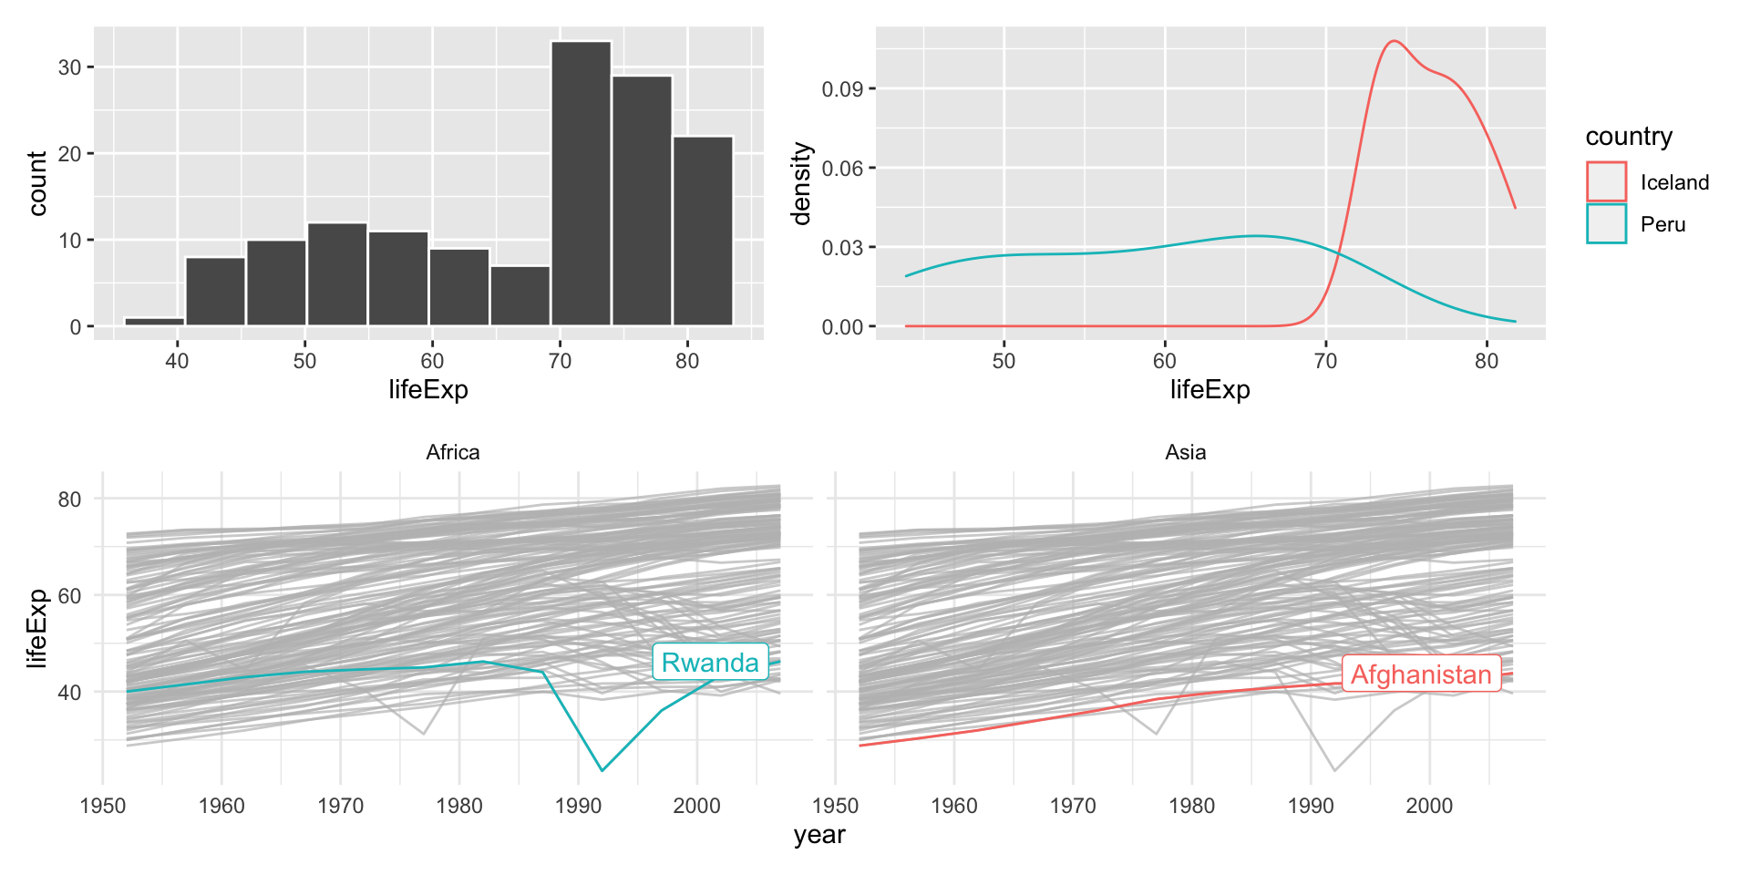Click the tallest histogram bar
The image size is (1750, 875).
581,182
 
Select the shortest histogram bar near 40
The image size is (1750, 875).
154,321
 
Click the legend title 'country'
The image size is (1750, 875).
1629,137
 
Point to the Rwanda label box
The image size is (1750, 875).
710,663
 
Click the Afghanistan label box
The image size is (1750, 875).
1421,674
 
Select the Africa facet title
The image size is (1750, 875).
452,452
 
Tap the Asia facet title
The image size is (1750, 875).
1185,452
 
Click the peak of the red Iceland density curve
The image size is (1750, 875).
1393,41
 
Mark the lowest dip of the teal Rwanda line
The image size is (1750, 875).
602,771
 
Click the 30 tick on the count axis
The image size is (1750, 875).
69,67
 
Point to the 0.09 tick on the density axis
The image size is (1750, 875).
842,89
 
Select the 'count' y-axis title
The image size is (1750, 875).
37,183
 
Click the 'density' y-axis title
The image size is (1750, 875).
801,183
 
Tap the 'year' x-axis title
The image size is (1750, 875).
818,835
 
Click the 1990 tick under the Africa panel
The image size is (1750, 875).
578,806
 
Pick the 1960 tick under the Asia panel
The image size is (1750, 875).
954,806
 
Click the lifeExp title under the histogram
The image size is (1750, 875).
428,390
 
